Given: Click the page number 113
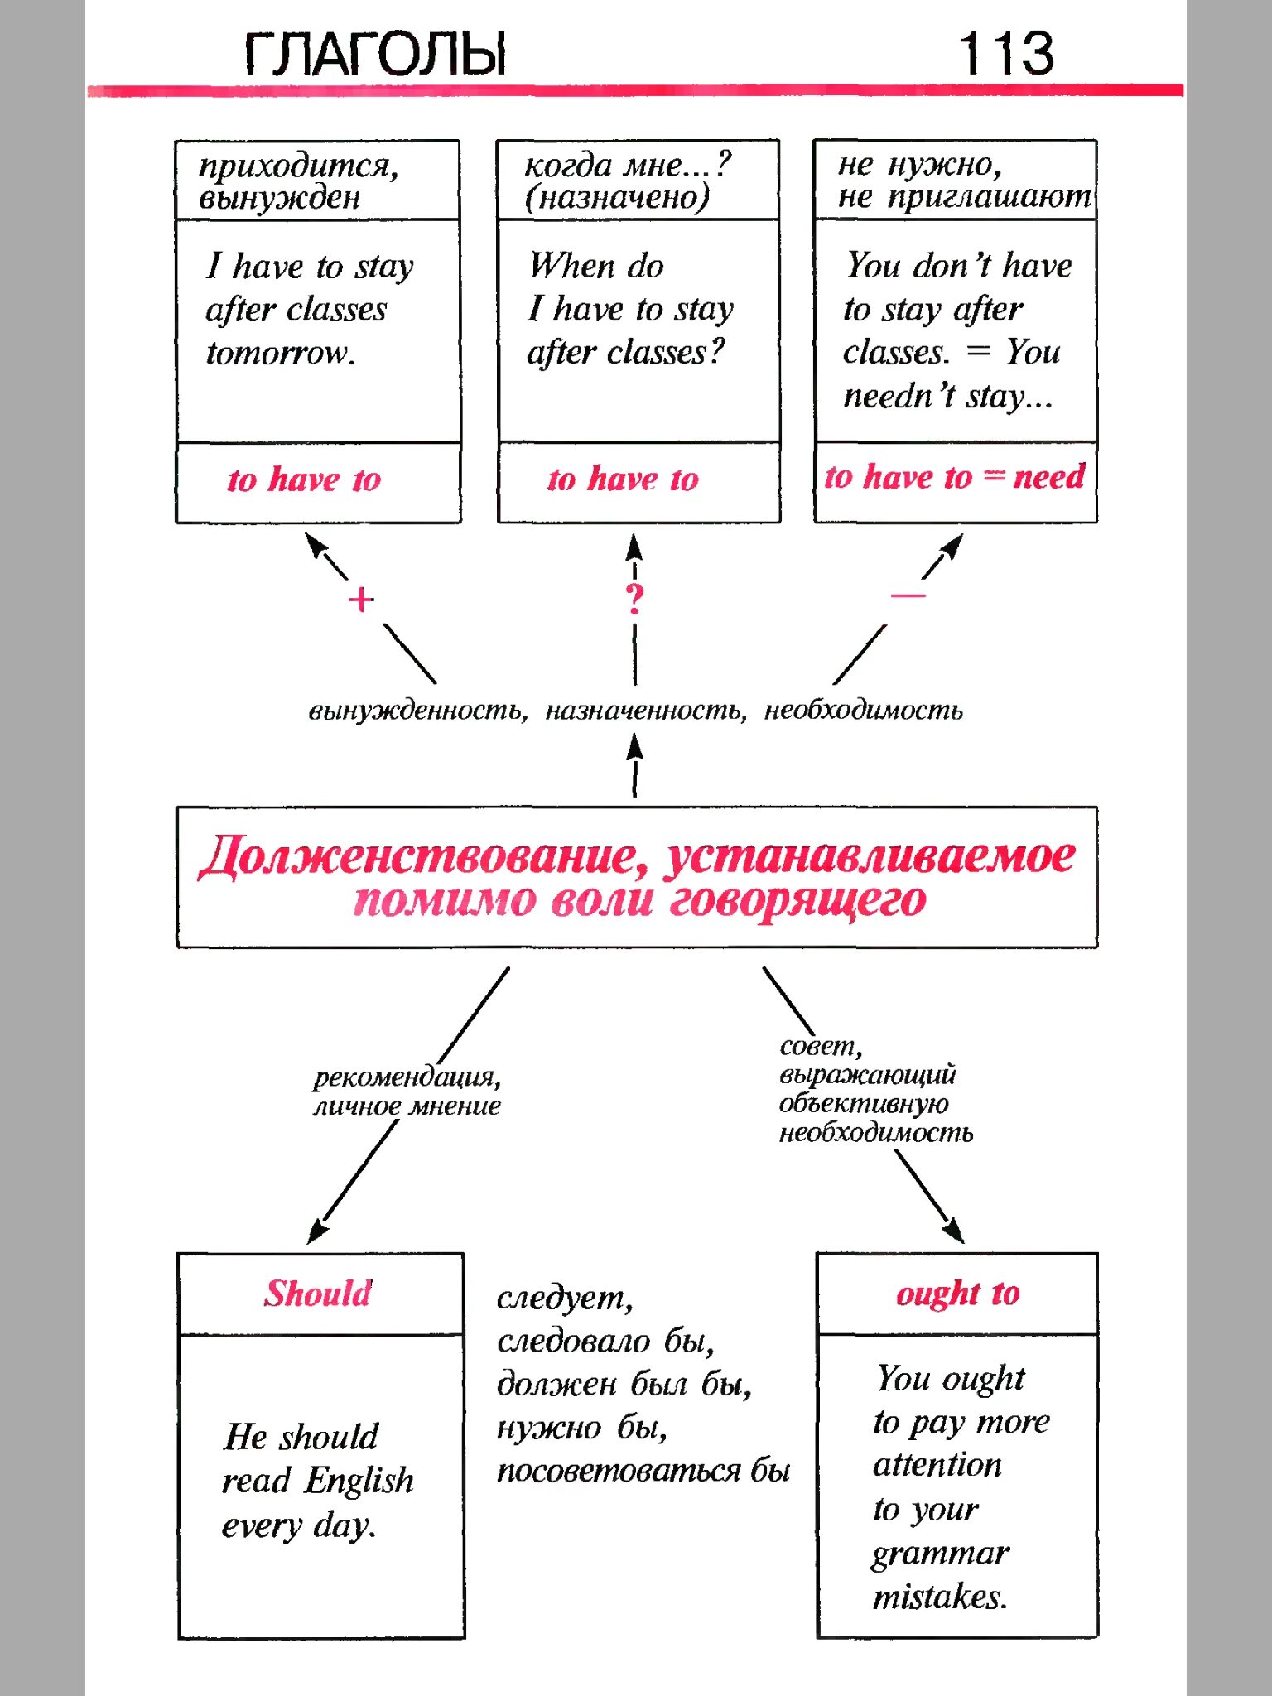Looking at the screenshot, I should tap(1005, 54).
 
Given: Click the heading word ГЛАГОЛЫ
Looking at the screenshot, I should tap(375, 55).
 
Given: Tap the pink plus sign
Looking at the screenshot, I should tap(361, 600).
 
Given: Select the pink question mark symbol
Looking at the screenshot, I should tap(634, 599).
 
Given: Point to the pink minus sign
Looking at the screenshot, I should tap(908, 595).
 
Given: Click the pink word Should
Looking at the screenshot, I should tap(319, 1294).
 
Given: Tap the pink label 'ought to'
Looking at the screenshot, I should tap(957, 1294).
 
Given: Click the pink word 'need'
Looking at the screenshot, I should tap(1048, 477).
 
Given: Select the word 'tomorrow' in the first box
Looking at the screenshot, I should tap(280, 354).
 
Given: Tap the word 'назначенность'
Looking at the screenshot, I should tap(645, 711).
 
